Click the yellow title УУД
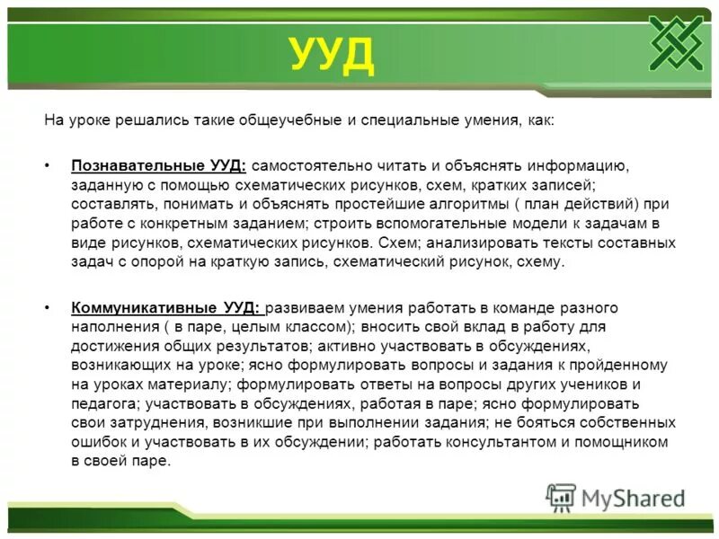click(x=331, y=56)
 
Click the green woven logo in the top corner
click(x=679, y=42)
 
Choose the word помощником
click(x=630, y=442)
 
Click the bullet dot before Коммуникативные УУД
click(x=48, y=307)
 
